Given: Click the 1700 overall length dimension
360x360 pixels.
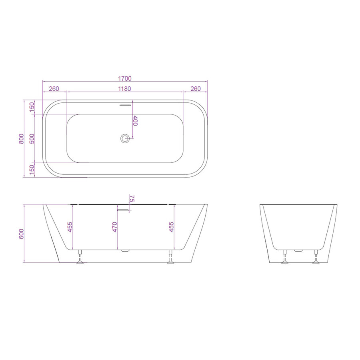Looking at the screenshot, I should click(125, 78).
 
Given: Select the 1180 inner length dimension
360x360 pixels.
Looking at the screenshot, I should click(125, 89).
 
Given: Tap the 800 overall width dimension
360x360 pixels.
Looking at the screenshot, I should click(22, 138).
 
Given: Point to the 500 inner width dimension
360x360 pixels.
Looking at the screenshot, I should click(32, 138).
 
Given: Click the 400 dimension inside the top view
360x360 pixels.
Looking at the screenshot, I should click(135, 121).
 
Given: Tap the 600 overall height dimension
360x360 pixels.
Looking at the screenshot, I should click(22, 234).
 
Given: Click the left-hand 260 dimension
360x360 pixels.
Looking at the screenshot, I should click(54, 89).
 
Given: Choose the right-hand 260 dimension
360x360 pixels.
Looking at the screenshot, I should click(196, 89).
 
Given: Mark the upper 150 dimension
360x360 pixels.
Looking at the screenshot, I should click(32, 107).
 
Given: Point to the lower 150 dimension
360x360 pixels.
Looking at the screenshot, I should click(32, 170).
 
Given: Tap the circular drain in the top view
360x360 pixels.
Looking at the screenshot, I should click(125, 139).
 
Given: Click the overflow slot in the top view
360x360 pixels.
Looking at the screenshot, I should click(125, 105).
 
